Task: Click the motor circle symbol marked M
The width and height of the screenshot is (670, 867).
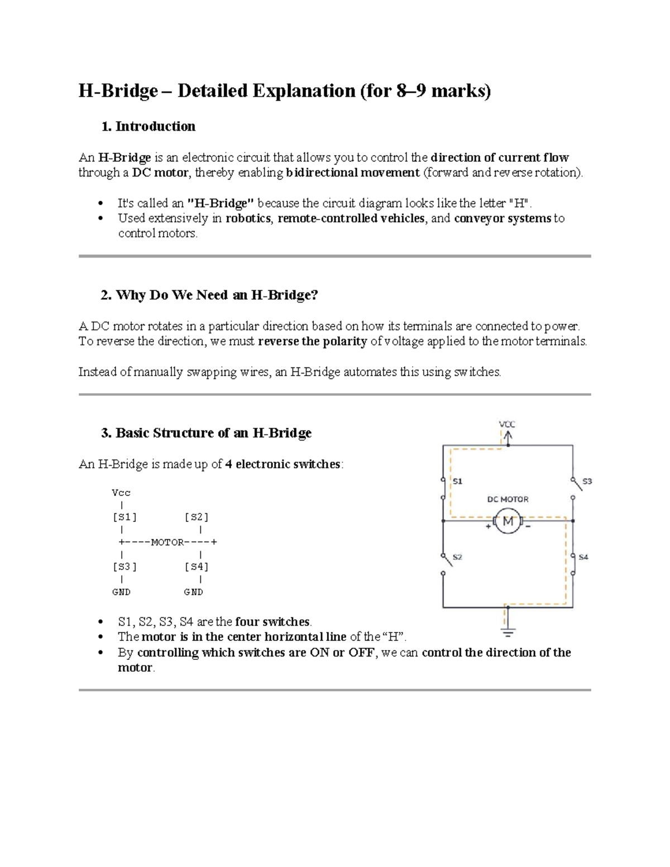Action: (508, 521)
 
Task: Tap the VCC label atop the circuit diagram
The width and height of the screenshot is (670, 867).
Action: (507, 424)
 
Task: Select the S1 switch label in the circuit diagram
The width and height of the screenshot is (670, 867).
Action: (457, 481)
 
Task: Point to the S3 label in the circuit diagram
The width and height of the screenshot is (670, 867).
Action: (587, 481)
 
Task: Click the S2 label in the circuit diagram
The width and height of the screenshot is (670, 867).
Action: (457, 557)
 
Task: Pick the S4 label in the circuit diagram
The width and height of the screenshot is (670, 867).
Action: (583, 557)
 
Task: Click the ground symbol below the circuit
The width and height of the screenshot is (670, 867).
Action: (508, 632)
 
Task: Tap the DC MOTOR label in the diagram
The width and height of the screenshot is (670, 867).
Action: (508, 499)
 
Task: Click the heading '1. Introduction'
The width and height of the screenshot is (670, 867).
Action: (148, 126)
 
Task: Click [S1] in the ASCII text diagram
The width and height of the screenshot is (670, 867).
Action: (125, 517)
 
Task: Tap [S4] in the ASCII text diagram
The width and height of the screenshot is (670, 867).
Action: (197, 567)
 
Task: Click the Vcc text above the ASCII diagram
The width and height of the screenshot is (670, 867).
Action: (121, 492)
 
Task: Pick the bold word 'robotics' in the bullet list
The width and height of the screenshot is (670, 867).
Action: (248, 218)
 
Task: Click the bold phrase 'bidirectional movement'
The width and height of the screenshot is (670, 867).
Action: (352, 173)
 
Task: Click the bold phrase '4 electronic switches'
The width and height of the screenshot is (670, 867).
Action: (283, 464)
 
